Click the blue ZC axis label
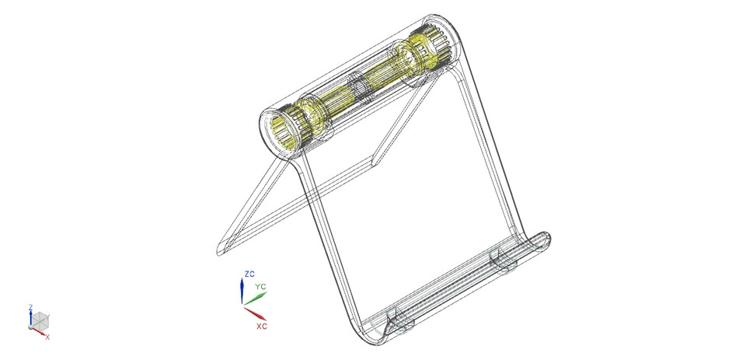249,274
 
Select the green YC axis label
260,287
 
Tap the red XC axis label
262,326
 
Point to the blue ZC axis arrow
242,292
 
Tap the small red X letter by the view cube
47,337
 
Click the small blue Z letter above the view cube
30,307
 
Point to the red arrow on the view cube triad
42,333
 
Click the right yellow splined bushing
431,49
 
